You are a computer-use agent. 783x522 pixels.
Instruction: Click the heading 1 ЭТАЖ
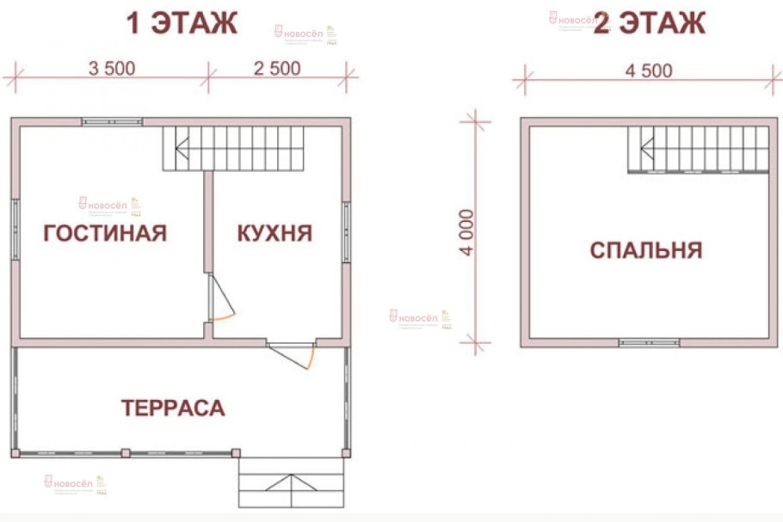coord(182,23)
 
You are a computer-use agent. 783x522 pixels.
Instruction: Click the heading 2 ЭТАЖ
coord(650,23)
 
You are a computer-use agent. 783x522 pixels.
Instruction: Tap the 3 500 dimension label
coord(111,69)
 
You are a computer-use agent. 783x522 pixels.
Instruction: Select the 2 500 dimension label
coord(276,69)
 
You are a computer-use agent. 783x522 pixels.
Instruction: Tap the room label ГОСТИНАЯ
coord(105,233)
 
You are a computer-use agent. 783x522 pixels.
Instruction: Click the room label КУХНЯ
coord(274,233)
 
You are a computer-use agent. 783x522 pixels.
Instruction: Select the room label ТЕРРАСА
coord(173,408)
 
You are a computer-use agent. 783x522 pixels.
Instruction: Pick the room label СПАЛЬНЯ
coord(646,250)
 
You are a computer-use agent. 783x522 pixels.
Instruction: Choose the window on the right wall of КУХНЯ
coord(346,232)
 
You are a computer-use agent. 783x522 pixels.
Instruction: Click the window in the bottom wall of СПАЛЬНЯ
coord(649,342)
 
